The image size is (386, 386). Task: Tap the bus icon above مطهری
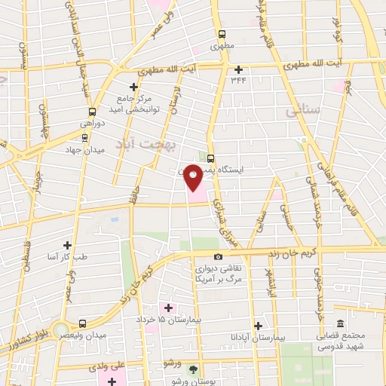(222, 34)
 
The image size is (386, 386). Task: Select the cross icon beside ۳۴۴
(238, 69)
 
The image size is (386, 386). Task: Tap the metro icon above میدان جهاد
(84, 138)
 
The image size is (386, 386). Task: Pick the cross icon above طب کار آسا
(68, 245)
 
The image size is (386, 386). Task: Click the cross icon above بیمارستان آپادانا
(259, 326)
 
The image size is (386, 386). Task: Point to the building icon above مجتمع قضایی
(340, 310)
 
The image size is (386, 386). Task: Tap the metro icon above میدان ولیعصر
(82, 323)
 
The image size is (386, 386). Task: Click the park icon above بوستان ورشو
(193, 369)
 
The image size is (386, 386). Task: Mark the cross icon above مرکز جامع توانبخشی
(134, 87)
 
